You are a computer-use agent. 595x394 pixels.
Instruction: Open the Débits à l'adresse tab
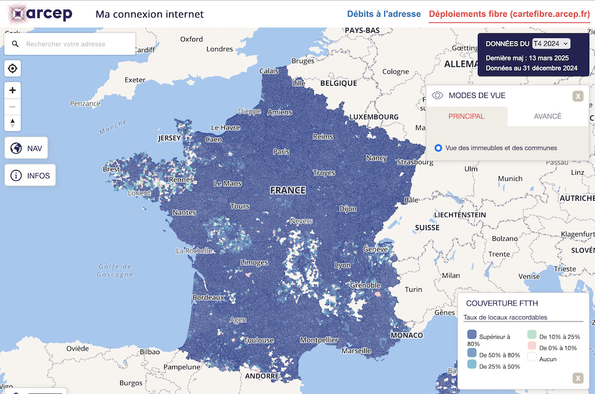[384, 14]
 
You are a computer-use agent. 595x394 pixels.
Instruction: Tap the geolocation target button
[12, 69]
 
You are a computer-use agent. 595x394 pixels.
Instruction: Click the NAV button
[26, 148]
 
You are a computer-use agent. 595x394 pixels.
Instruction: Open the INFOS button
[30, 176]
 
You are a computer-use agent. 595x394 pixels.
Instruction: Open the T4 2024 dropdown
[551, 43]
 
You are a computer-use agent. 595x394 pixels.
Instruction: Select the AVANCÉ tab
[547, 116]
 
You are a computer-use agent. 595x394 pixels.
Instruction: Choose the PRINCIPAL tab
[466, 116]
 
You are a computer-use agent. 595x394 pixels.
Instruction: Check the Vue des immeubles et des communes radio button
[439, 148]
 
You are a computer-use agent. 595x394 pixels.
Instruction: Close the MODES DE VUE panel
[578, 96]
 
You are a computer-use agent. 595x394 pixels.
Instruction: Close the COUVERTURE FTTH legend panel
[578, 378]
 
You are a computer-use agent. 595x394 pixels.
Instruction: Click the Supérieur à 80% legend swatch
[472, 335]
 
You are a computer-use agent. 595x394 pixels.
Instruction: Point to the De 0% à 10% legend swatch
[532, 347]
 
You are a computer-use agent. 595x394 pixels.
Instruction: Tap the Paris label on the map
[281, 152]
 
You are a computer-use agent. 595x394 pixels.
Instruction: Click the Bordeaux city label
[208, 297]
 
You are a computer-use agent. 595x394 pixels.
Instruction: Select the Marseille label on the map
[356, 351]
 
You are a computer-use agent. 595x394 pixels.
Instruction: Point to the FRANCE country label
[287, 191]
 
